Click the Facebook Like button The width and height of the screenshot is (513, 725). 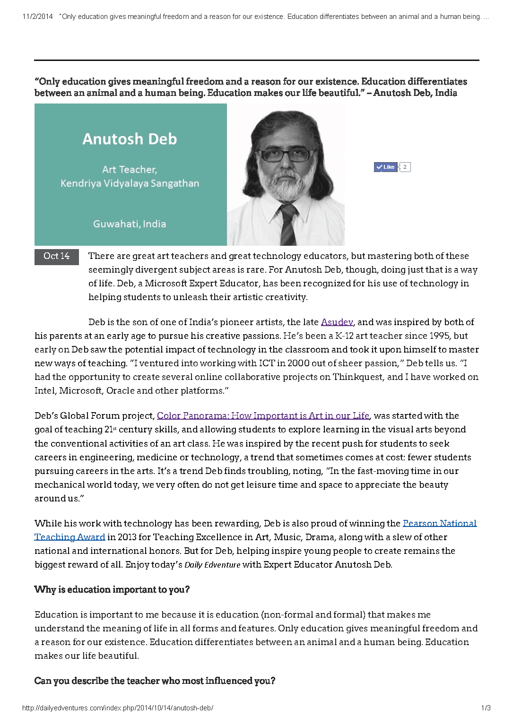pyautogui.click(x=386, y=167)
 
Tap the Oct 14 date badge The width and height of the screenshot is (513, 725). pyautogui.click(x=56, y=256)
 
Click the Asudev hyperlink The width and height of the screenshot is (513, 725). pyautogui.click(x=337, y=322)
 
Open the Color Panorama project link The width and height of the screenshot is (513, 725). pyautogui.click(x=263, y=416)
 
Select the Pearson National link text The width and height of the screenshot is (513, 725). pyautogui.click(x=439, y=524)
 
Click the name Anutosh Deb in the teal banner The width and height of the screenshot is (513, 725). pyautogui.click(x=130, y=139)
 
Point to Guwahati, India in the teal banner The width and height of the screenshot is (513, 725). pyautogui.click(x=130, y=224)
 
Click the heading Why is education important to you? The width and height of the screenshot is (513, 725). pyautogui.click(x=112, y=590)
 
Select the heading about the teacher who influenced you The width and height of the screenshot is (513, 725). pyautogui.click(x=155, y=681)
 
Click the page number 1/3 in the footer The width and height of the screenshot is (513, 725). pyautogui.click(x=486, y=708)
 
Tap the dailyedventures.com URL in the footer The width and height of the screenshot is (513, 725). pyautogui.click(x=118, y=708)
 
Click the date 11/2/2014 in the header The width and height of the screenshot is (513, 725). pyautogui.click(x=37, y=17)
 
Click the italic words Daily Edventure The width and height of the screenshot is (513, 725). pyautogui.click(x=212, y=565)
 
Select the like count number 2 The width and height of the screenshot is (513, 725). pyautogui.click(x=405, y=167)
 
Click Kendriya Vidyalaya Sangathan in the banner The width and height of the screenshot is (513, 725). pyautogui.click(x=130, y=183)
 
